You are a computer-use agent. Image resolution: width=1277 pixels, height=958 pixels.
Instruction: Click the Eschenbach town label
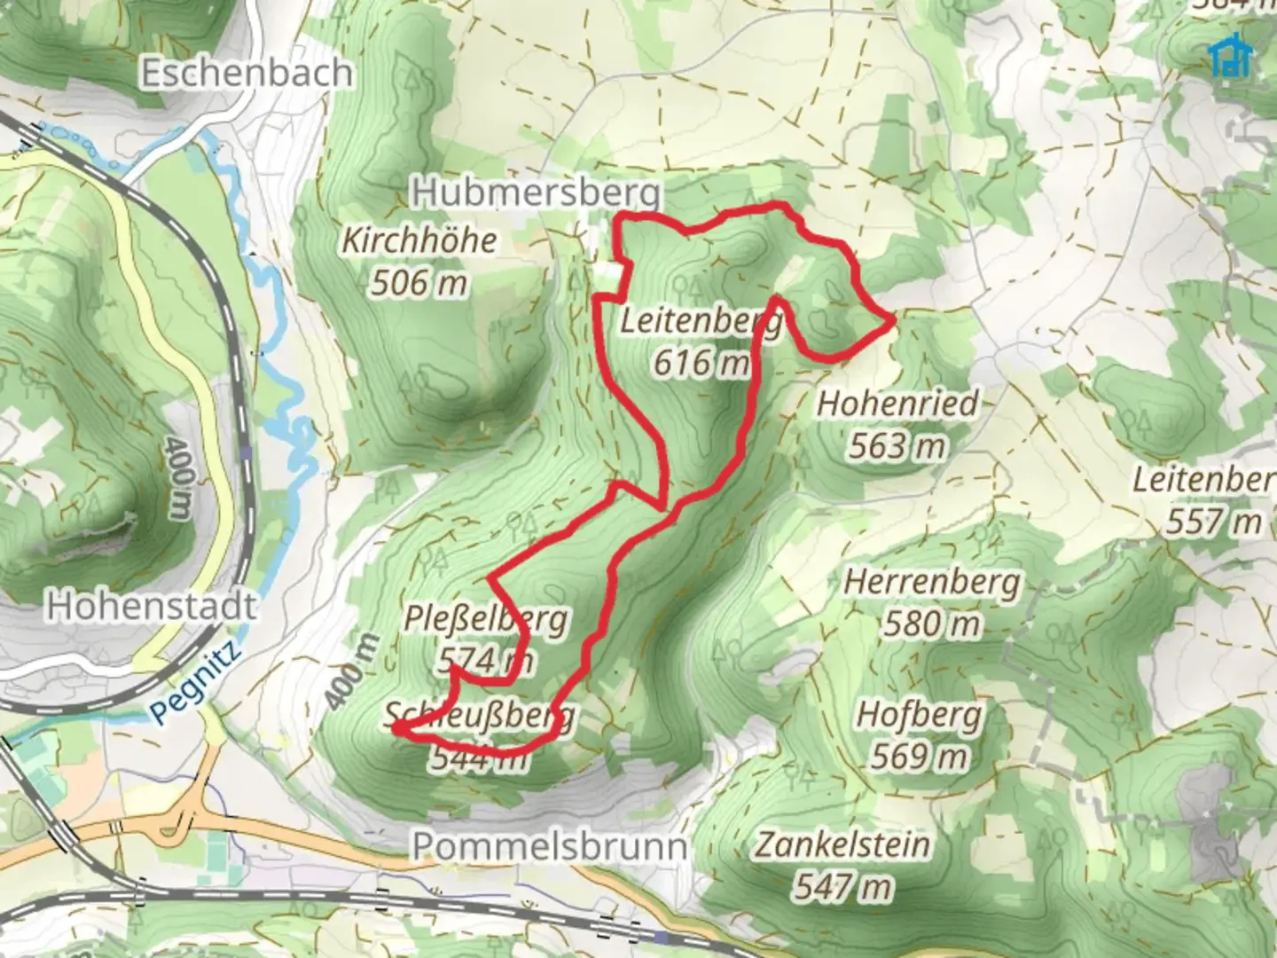[247, 73]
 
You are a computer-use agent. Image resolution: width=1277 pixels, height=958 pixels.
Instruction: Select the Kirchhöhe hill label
[419, 239]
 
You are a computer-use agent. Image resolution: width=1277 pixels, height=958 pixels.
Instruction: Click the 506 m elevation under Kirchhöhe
[419, 283]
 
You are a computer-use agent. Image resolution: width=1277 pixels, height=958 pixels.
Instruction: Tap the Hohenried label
[897, 404]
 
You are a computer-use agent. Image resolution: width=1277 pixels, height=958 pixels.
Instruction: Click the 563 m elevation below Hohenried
[897, 446]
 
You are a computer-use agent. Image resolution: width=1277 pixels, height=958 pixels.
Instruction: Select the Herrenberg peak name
[932, 583]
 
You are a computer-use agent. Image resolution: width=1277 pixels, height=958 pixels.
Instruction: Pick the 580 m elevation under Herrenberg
[932, 624]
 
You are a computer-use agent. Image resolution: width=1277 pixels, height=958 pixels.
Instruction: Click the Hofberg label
[920, 715]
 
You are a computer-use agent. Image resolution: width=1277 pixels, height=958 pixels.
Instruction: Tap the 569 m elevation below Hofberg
[920, 757]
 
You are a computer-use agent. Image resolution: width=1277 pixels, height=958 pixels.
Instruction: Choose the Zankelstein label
[842, 844]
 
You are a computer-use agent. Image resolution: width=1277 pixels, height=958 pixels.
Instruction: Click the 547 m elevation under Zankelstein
[842, 886]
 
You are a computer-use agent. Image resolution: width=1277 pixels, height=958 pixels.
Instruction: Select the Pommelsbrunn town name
[550, 846]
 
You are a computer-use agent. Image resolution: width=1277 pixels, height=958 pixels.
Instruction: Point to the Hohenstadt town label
[152, 606]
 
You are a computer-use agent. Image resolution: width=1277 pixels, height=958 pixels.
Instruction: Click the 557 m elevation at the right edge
[1212, 522]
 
